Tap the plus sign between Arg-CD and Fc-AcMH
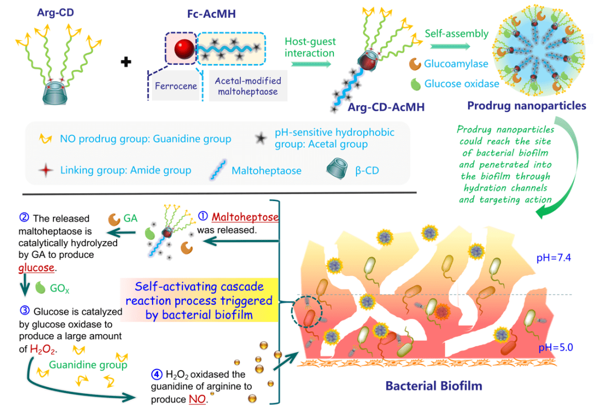click(127, 61)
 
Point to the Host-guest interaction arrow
click(310, 64)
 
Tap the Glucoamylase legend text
click(456, 64)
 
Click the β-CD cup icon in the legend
click(338, 169)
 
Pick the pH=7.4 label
click(554, 258)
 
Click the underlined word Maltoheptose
click(245, 216)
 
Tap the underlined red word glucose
click(36, 267)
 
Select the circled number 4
click(156, 376)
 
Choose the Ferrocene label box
click(173, 86)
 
